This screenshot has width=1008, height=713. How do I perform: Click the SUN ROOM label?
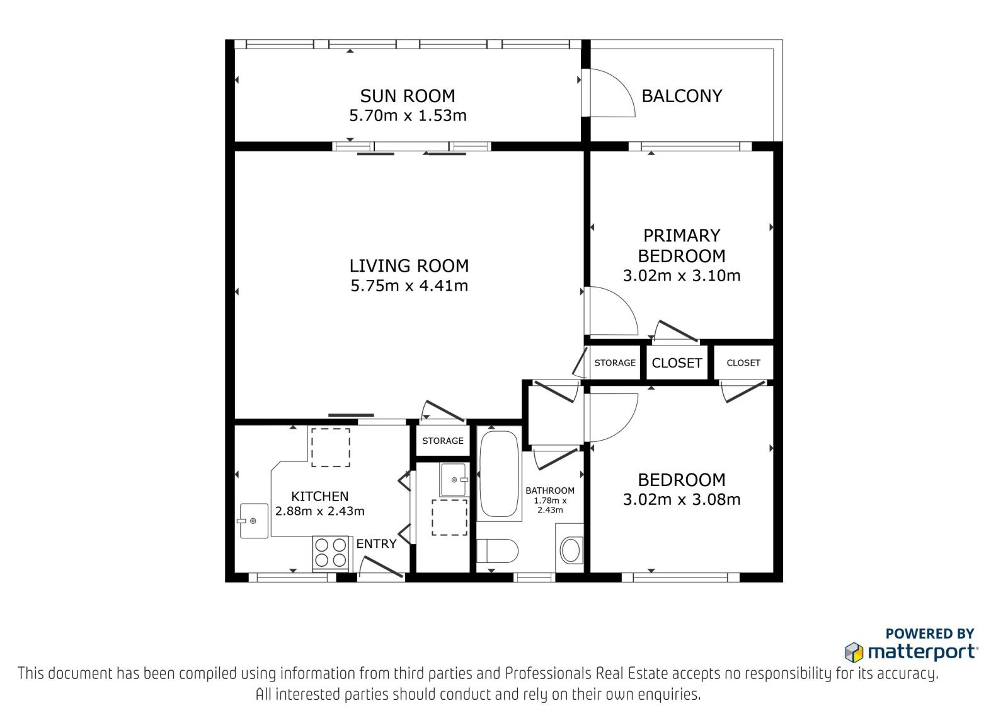pos(407,96)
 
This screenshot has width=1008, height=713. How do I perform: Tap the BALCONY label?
pos(682,96)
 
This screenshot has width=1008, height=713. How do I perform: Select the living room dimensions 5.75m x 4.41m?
pos(409,286)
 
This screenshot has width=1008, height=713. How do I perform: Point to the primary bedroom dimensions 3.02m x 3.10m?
pos(681,275)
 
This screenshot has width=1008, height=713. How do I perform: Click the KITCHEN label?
pos(319,496)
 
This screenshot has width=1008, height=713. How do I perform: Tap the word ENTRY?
pos(376,543)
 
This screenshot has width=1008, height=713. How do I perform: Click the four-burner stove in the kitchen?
pos(331,553)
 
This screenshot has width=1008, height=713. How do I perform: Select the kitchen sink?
pos(253,521)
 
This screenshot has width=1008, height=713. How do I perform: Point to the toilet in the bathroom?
pos(497,550)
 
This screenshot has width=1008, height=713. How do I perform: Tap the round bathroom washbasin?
pos(571,550)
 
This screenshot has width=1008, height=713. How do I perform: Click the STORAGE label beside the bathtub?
pos(443,441)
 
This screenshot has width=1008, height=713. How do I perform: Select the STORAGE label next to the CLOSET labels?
pos(615,362)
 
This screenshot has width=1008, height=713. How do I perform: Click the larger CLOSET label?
pos(677,362)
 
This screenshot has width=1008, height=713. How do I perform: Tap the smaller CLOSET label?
pos(743,362)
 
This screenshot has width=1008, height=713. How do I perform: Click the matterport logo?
pos(911,652)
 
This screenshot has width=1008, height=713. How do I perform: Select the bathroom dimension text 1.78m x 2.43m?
pos(550,506)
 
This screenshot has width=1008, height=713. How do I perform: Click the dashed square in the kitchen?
pos(331,447)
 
